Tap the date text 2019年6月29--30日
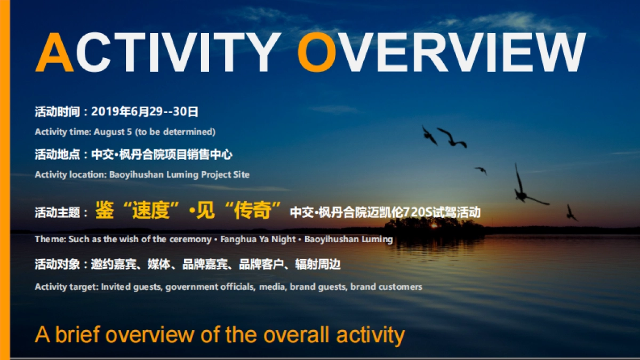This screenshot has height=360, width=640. pyautogui.click(x=145, y=111)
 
